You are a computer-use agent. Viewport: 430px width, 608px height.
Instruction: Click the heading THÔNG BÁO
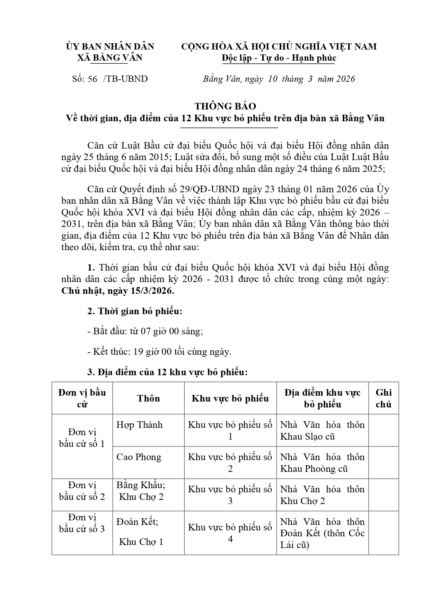click(225, 106)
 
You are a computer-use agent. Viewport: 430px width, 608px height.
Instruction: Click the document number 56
click(93, 79)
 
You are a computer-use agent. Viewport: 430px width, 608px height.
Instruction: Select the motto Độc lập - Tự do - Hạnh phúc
click(279, 58)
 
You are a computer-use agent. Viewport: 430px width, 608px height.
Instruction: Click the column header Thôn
click(148, 398)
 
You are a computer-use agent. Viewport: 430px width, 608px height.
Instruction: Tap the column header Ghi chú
click(384, 398)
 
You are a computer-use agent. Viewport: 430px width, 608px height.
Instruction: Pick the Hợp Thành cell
click(139, 425)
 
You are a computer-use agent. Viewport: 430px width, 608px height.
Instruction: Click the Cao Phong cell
click(139, 457)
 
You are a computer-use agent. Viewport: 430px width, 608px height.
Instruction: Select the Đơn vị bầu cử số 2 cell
click(82, 491)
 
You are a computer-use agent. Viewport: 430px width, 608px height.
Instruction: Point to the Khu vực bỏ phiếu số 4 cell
click(230, 533)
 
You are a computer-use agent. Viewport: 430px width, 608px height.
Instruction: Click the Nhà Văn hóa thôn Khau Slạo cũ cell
click(322, 430)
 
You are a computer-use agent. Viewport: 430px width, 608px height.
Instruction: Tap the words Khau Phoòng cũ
click(314, 469)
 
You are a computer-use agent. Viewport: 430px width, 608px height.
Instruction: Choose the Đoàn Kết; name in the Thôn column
click(137, 521)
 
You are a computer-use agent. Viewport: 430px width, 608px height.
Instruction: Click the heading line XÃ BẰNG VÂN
click(110, 58)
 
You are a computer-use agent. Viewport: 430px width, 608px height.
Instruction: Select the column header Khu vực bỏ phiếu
click(230, 398)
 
